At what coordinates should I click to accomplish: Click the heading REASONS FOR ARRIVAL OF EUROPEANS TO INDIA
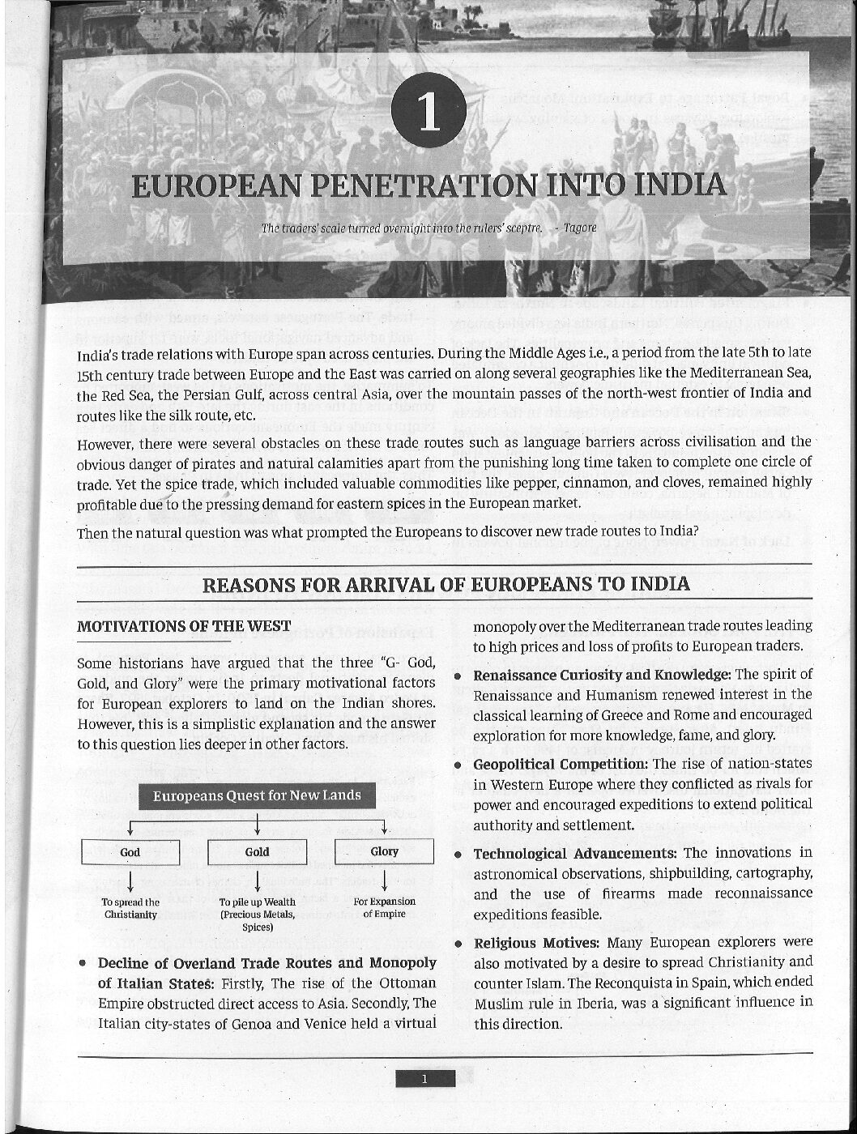point(446,584)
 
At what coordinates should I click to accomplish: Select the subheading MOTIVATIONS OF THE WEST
point(183,626)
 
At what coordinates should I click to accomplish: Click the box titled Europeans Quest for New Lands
point(257,795)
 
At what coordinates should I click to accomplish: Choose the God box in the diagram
point(130,852)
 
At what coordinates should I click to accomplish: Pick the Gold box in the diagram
point(257,852)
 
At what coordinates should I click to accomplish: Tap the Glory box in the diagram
point(384,851)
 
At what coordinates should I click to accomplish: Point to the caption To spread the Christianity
point(130,908)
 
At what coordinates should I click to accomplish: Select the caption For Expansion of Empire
point(384,907)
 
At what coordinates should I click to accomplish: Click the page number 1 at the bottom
point(424,1078)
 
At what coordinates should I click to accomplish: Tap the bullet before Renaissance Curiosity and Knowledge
point(458,676)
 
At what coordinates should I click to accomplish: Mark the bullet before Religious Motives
point(458,944)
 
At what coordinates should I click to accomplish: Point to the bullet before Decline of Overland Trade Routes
point(83,964)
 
